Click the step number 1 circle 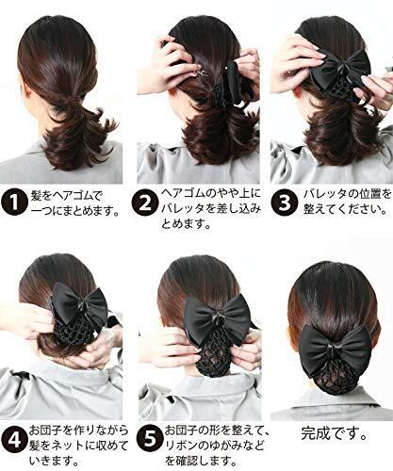coord(14,203)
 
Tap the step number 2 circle coord(144,203)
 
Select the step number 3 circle coord(284,203)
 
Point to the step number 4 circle coord(14,440)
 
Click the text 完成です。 coord(335,433)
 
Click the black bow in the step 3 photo coord(341,67)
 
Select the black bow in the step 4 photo coord(80,304)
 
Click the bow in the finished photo coord(336,349)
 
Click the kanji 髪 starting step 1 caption coord(37,196)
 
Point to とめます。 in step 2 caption coord(186,223)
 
